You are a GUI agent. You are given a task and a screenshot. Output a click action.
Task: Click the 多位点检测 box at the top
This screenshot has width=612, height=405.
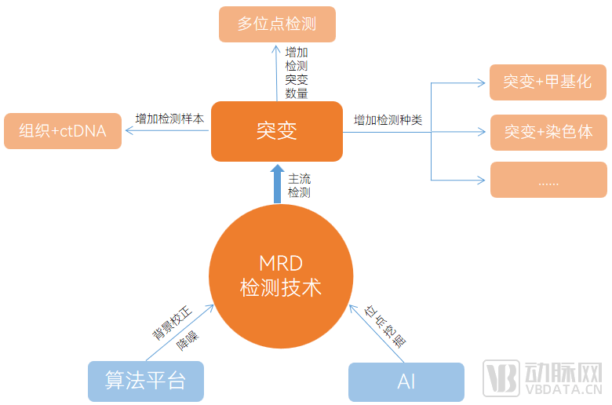click(277, 24)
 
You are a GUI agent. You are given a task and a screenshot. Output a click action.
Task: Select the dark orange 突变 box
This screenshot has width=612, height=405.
click(276, 131)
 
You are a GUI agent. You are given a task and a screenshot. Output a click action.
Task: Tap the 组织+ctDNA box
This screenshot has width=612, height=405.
click(63, 131)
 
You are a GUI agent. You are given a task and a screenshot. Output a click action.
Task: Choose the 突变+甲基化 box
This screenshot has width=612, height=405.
click(548, 82)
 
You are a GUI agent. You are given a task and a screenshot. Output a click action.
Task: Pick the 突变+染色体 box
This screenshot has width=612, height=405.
click(548, 132)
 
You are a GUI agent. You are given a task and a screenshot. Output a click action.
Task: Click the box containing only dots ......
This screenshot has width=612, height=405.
click(548, 180)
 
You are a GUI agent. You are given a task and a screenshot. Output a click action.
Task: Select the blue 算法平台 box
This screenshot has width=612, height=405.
click(146, 381)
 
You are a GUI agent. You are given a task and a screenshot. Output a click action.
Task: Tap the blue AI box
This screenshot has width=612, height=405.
click(406, 381)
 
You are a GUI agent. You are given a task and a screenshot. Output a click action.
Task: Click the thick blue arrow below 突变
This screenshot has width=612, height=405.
click(277, 184)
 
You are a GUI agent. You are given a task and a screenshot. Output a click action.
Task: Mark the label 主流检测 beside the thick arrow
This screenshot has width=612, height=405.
click(299, 185)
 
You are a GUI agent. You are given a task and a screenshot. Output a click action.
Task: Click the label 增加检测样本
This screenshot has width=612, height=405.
click(169, 119)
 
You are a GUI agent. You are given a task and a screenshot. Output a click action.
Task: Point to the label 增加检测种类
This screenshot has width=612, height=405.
click(388, 120)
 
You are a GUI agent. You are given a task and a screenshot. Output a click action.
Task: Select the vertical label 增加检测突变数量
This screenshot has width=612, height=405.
click(297, 72)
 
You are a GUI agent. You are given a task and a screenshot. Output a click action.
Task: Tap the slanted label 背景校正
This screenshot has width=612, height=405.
click(169, 323)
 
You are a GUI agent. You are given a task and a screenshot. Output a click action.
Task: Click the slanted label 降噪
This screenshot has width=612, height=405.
click(187, 340)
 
